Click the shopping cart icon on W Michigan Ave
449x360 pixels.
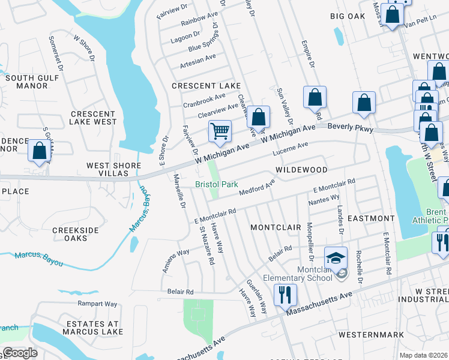pyautogui.click(x=220, y=130)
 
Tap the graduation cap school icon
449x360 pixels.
pyautogui.click(x=336, y=257)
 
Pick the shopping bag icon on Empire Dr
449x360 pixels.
pyautogui.click(x=315, y=97)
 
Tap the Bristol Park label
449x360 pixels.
pyautogui.click(x=217, y=185)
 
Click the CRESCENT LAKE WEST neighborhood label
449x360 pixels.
pyautogui.click(x=93, y=118)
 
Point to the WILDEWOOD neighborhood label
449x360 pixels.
pyautogui.click(x=301, y=170)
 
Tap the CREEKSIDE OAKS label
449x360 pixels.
pyautogui.click(x=75, y=234)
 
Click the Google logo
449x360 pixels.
pyautogui.click(x=20, y=353)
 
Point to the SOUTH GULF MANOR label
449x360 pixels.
pyautogui.click(x=27, y=82)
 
